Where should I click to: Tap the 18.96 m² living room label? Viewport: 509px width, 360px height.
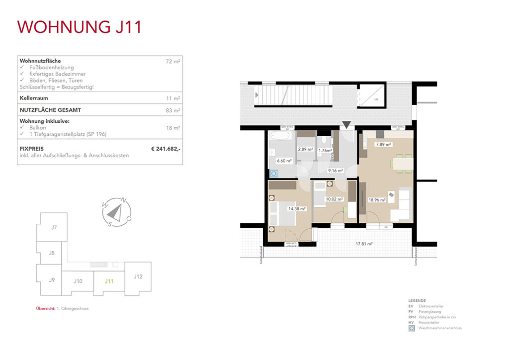pyautogui.click(x=377, y=200)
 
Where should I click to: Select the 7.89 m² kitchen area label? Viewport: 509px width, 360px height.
pyautogui.click(x=383, y=145)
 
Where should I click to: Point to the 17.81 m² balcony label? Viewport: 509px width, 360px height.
pyautogui.click(x=365, y=244)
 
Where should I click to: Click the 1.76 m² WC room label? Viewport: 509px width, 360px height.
pyautogui.click(x=326, y=150)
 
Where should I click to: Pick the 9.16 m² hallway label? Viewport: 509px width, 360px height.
pyautogui.click(x=336, y=171)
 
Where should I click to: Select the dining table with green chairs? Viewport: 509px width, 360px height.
pyautogui.click(x=402, y=164)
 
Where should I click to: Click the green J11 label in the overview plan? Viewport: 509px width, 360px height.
pyautogui.click(x=109, y=281)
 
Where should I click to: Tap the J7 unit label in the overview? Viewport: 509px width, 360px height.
pyautogui.click(x=54, y=228)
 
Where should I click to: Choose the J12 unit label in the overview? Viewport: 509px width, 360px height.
pyautogui.click(x=138, y=276)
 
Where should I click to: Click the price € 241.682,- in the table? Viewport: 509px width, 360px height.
pyautogui.click(x=166, y=148)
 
